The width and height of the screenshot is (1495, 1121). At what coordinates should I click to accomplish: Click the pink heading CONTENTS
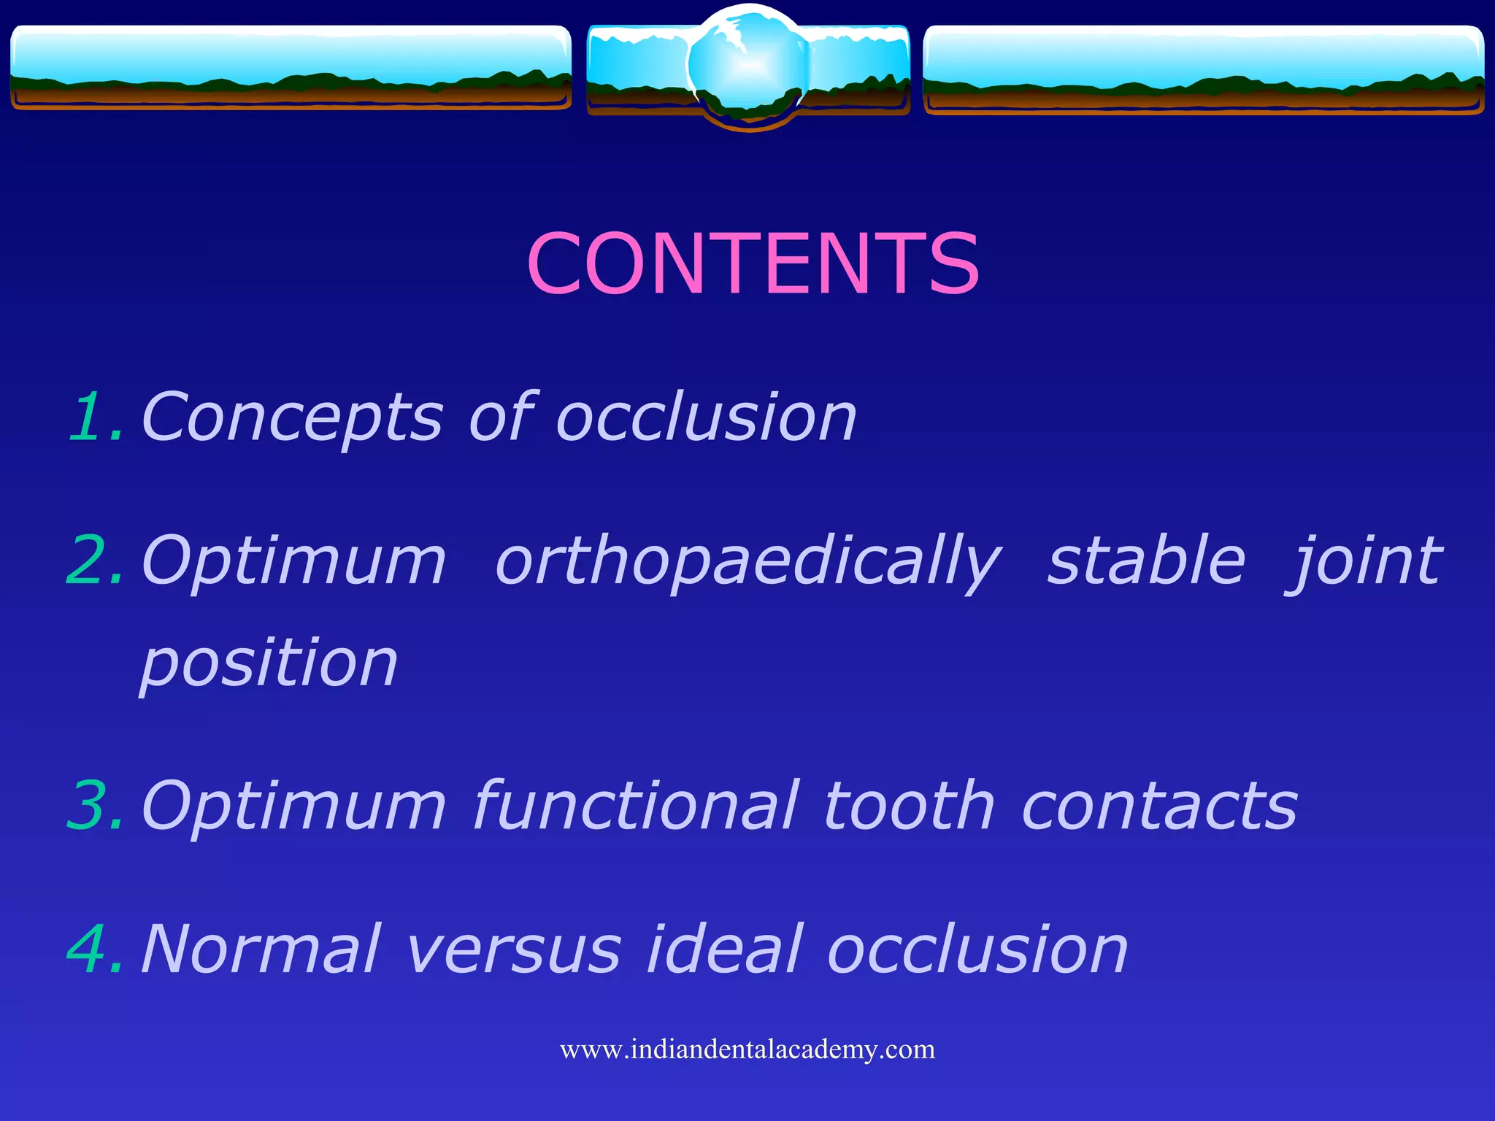pos(753,263)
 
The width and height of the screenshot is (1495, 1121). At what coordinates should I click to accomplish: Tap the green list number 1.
pos(93,417)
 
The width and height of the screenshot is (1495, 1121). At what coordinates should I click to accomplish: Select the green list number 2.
pos(93,560)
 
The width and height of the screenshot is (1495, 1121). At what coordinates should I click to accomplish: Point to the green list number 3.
pos(93,806)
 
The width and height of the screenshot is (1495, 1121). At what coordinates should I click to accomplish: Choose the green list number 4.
pos(93,949)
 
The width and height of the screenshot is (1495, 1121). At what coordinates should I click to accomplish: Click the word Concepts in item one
pos(292,418)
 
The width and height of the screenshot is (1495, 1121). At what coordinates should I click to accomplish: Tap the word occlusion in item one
pos(706,418)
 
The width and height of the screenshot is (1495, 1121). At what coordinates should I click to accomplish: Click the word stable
pos(1146,560)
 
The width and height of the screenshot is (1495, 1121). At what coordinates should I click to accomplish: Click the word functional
pos(636,806)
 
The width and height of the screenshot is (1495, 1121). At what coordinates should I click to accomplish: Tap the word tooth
pos(910,806)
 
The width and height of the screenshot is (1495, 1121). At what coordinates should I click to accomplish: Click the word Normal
pos(261,949)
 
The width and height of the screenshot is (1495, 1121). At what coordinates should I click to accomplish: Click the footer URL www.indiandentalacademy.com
pos(747,1049)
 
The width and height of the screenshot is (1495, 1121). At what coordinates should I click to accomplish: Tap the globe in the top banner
pos(747,66)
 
